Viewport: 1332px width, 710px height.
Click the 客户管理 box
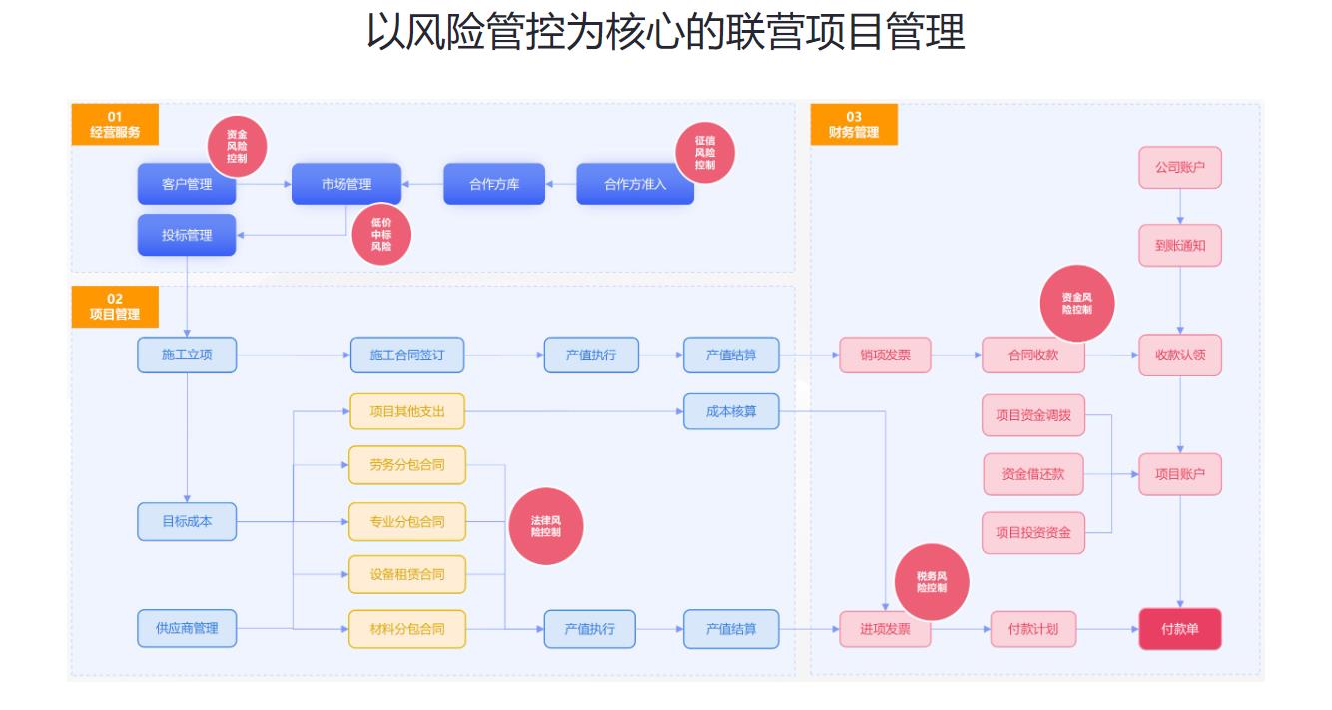[187, 184]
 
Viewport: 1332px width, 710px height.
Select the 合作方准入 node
[635, 184]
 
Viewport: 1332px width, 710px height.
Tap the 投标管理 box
[187, 235]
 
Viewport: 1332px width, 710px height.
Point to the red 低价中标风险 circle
[381, 235]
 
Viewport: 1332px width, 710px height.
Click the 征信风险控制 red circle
[705, 153]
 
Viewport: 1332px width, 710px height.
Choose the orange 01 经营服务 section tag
[115, 124]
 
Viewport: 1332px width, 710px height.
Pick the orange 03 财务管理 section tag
[854, 124]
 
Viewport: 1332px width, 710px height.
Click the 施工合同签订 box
[407, 355]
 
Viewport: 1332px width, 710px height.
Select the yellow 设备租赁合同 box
[407, 574]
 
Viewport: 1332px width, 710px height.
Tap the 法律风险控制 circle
[546, 527]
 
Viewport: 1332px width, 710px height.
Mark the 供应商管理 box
[187, 628]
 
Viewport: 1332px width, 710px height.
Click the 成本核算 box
[731, 411]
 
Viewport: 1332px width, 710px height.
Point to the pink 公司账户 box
[1180, 168]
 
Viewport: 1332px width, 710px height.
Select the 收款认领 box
[1180, 355]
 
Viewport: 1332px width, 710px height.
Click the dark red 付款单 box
[1180, 629]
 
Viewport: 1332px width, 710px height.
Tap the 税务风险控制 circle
[932, 582]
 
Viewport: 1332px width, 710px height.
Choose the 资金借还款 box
[1033, 474]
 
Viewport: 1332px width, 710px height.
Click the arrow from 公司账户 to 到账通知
[1180, 206]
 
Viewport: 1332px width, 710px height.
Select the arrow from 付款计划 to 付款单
[1107, 629]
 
